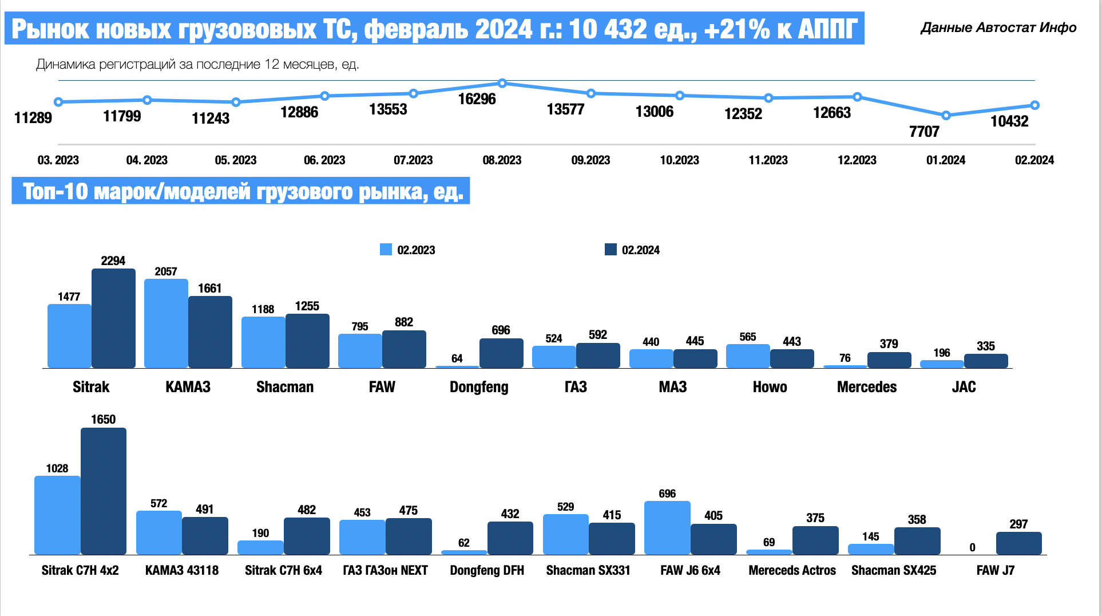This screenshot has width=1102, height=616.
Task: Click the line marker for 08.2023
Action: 502,84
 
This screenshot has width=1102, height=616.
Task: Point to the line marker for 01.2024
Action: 946,116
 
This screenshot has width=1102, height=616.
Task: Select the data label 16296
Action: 477,99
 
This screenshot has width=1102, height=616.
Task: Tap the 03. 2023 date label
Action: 58,160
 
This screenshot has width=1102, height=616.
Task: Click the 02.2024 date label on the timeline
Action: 1034,160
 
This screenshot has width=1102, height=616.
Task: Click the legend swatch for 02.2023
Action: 386,250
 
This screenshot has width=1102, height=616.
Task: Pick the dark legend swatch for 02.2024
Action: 611,250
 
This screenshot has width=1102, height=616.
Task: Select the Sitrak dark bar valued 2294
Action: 113,318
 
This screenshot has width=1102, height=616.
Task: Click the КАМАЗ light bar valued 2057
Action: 166,323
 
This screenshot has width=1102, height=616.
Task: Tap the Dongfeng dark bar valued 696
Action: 501,353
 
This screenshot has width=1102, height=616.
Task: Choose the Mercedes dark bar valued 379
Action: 889,360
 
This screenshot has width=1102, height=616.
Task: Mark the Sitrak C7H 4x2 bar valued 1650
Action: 104,491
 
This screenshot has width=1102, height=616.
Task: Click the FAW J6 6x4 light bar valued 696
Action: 667,528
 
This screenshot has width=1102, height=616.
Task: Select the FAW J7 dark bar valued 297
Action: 1018,543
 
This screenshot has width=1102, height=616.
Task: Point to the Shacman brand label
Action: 285,387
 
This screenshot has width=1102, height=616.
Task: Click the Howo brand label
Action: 770,387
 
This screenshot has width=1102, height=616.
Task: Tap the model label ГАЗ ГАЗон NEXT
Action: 385,570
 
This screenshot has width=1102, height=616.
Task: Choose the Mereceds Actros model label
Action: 792,570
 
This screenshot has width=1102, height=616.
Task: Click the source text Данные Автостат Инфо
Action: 998,27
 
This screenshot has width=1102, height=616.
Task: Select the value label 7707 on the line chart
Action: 924,132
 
